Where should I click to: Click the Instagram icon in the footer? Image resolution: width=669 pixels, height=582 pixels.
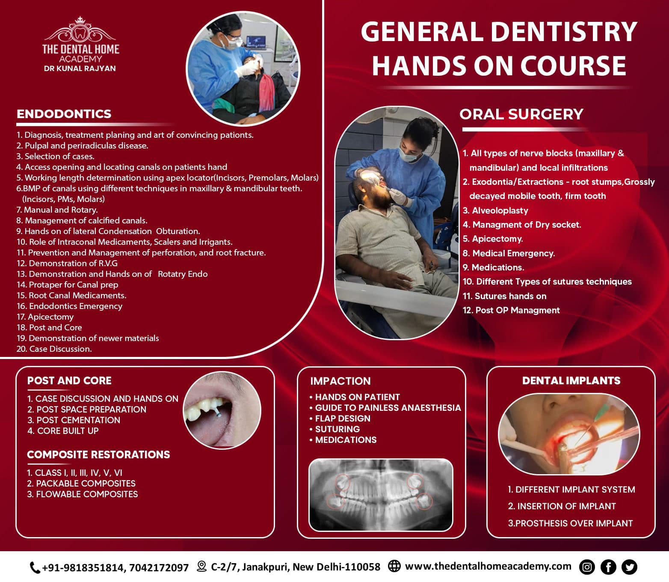click(587, 567)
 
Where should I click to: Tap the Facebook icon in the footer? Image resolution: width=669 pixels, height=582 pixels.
click(608, 567)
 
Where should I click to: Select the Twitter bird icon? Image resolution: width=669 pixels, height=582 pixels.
click(630, 567)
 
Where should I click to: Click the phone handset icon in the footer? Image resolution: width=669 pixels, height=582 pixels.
click(35, 567)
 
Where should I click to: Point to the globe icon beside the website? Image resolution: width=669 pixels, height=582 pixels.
click(394, 566)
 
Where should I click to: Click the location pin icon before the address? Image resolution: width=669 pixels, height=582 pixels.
click(202, 566)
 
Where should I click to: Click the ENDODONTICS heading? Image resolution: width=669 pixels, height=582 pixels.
click(64, 114)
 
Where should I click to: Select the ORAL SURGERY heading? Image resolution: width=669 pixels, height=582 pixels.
click(521, 114)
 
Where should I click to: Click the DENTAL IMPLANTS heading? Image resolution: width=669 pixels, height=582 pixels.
click(571, 380)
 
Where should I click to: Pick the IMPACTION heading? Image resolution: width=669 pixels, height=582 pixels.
click(340, 381)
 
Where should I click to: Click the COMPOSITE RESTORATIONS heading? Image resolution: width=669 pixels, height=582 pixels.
click(98, 454)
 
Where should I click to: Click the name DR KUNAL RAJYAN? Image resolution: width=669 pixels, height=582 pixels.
click(80, 68)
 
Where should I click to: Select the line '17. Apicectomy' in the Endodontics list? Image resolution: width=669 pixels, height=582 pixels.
click(45, 317)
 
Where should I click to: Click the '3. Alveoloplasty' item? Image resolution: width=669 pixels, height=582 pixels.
click(495, 211)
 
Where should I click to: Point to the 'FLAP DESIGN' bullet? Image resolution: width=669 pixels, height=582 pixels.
click(340, 419)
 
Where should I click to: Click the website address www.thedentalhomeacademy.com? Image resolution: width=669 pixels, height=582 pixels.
click(488, 566)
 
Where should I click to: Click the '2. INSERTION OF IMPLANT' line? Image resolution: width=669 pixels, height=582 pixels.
click(562, 506)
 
